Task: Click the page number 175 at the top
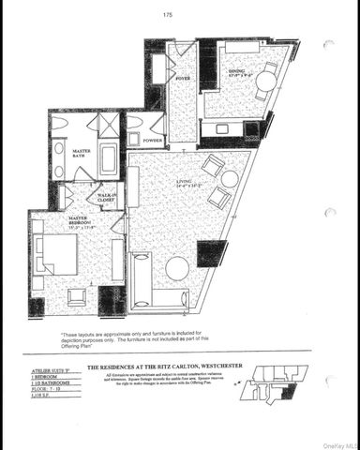168,15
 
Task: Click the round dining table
265,82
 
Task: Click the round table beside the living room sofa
176,268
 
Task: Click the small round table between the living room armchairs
229,179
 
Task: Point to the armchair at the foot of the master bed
77,296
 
